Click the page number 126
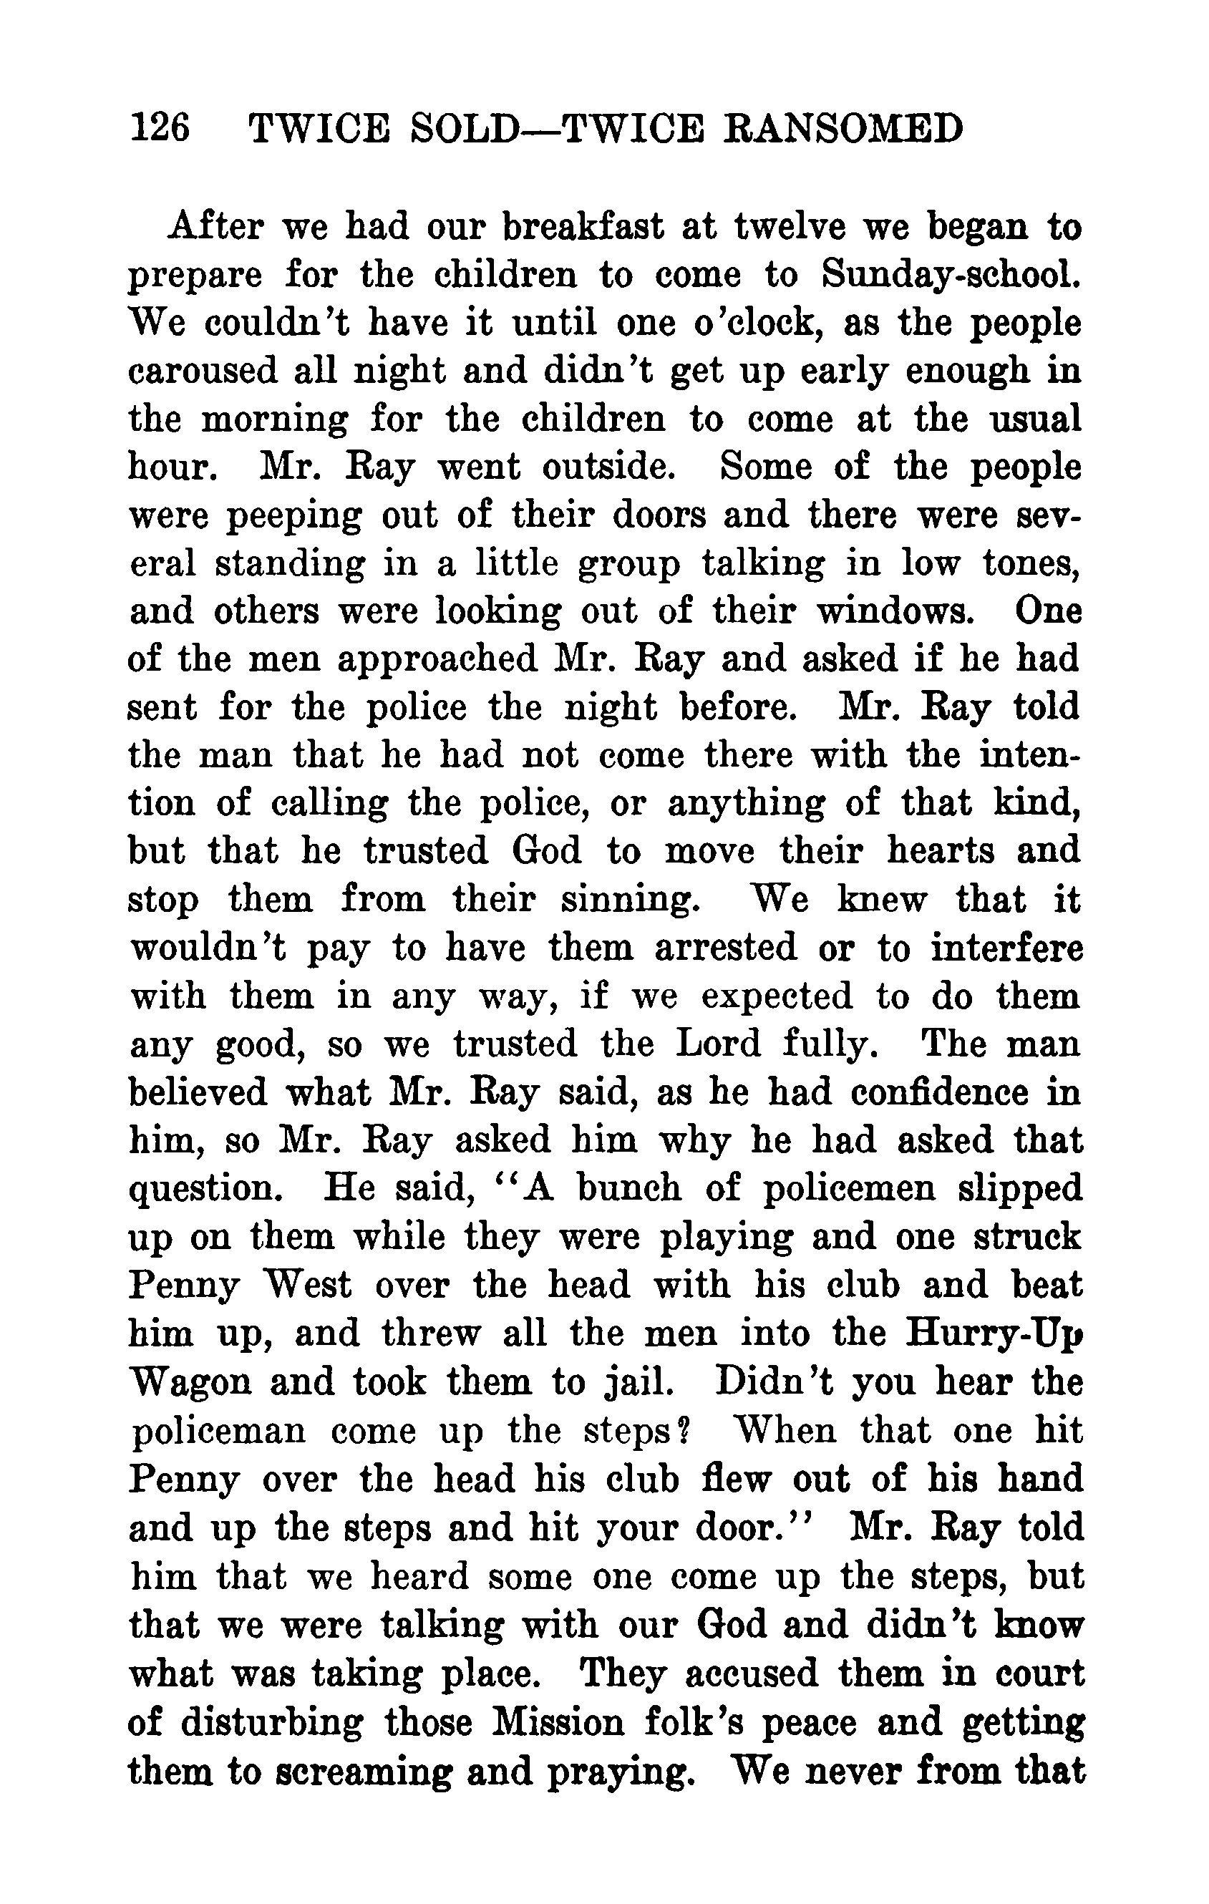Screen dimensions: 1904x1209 [160, 128]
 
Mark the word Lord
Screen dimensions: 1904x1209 [718, 1044]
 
